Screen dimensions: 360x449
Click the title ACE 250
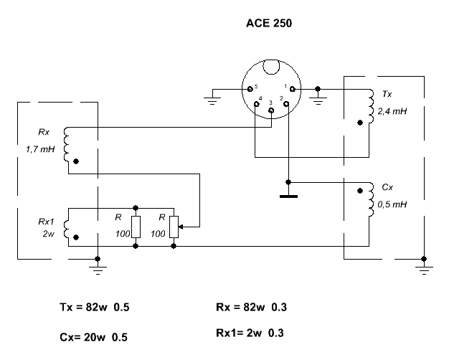(269, 23)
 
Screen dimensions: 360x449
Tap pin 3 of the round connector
(271, 110)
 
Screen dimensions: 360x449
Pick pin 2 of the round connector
(286, 104)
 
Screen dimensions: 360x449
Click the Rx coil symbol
(66, 143)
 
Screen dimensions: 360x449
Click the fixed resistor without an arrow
(136, 225)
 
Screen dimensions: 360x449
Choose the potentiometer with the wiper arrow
(174, 225)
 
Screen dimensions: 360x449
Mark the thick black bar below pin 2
(288, 195)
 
